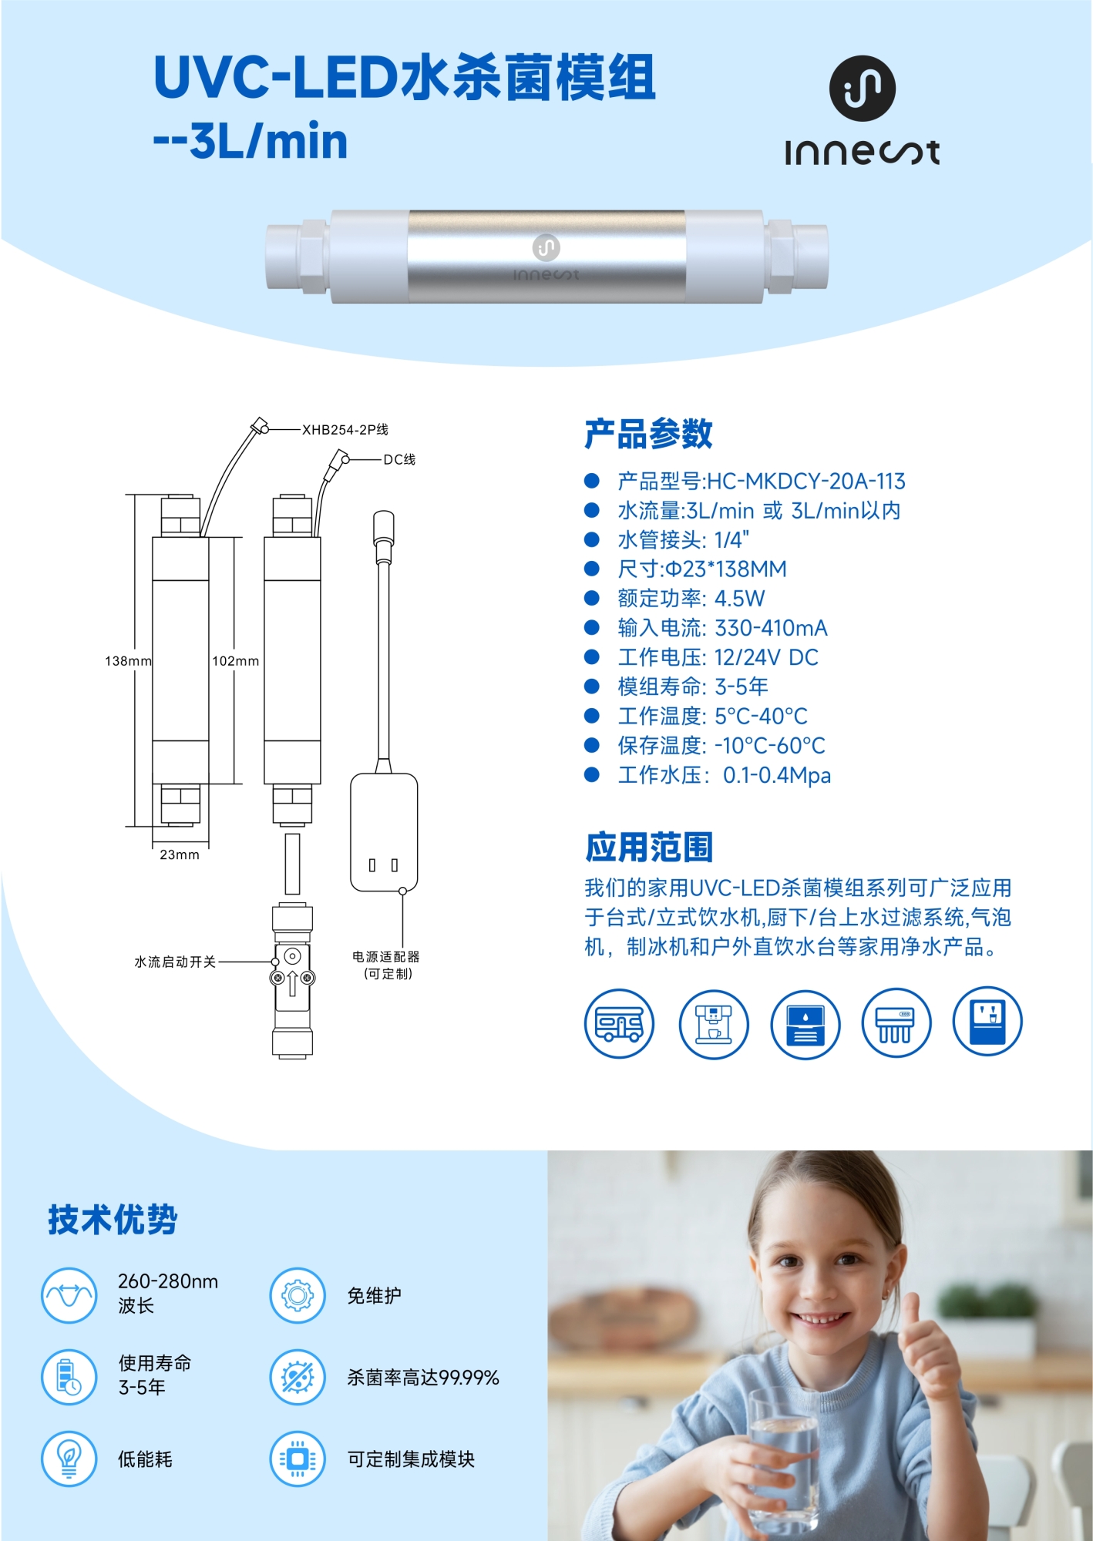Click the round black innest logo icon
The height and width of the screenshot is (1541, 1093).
click(862, 88)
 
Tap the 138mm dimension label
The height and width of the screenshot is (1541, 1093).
click(128, 661)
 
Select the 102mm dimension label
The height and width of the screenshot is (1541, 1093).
click(236, 661)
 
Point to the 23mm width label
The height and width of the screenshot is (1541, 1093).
click(180, 854)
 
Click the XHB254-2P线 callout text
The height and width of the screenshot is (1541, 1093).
click(345, 430)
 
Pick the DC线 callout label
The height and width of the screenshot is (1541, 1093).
click(399, 459)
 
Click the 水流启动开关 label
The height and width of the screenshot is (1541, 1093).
click(175, 962)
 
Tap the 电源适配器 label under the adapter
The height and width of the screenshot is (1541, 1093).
click(386, 956)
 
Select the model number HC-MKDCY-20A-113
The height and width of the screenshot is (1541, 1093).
click(805, 482)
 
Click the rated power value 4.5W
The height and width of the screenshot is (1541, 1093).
click(740, 599)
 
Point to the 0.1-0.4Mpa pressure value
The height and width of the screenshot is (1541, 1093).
click(777, 775)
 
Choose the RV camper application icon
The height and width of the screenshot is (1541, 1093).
click(619, 1023)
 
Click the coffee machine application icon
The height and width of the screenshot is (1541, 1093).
click(714, 1023)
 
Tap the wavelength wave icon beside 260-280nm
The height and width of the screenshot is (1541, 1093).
click(69, 1295)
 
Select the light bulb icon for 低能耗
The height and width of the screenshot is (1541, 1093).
click(69, 1459)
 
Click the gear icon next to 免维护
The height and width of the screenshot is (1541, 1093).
click(298, 1295)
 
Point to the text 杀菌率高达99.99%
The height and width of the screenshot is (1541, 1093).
click(423, 1377)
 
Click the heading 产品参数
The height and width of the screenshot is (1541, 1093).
click(648, 434)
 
